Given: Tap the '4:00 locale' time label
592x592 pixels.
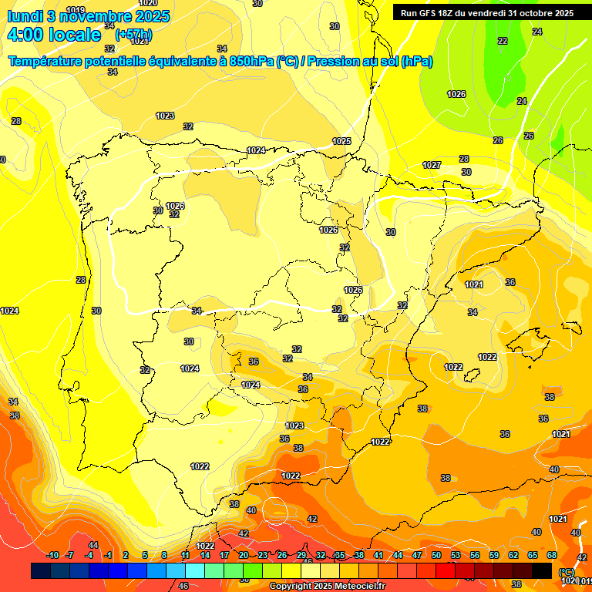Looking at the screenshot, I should pyautogui.click(x=53, y=35).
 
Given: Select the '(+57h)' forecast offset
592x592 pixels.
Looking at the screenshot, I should pyautogui.click(x=133, y=35).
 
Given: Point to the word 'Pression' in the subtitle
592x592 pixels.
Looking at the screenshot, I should pyautogui.click(x=334, y=62).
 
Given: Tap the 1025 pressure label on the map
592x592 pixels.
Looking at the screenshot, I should pyautogui.click(x=341, y=141).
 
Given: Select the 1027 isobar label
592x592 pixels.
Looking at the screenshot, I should pyautogui.click(x=432, y=166).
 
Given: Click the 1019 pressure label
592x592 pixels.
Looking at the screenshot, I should pyautogui.click(x=76, y=10).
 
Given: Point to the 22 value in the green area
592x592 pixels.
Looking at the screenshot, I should pyautogui.click(x=503, y=41).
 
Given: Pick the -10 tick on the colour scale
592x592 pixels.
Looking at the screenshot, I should pyautogui.click(x=52, y=555).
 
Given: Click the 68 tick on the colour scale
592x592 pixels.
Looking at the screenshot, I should pyautogui.click(x=552, y=555).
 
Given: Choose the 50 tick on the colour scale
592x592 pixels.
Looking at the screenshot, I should pyautogui.click(x=436, y=555).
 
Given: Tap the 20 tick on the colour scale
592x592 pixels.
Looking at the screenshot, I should pyautogui.click(x=244, y=555).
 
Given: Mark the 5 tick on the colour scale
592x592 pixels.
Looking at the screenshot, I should pyautogui.click(x=145, y=555).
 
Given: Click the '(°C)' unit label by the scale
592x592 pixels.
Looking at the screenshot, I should pyautogui.click(x=567, y=571).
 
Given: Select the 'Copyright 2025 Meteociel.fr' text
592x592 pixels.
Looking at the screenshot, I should pyautogui.click(x=327, y=586).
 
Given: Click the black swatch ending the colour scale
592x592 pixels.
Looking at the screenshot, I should pyautogui.click(x=542, y=570).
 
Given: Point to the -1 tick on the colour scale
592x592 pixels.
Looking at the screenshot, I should pyautogui.click(x=108, y=555).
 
